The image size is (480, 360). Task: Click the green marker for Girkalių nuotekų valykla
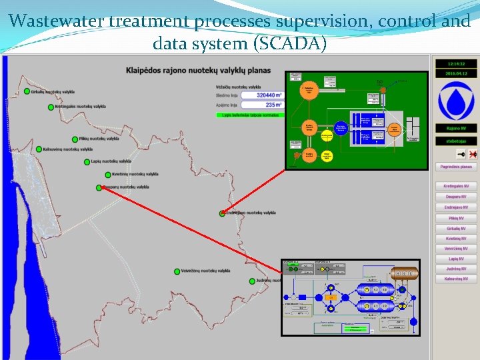tap(27, 91)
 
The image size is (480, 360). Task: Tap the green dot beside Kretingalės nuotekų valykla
tap(51, 107)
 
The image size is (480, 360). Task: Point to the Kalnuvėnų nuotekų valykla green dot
tap(39, 149)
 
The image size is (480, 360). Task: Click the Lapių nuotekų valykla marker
tap(87, 162)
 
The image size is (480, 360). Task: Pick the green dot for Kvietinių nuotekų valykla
tap(107, 175)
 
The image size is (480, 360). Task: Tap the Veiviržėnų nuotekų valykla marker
tap(177, 271)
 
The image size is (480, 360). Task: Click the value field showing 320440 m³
tap(261, 95)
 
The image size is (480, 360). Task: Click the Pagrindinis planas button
tap(456, 166)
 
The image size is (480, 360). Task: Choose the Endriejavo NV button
tap(456, 207)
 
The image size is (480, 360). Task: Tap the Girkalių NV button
tap(456, 228)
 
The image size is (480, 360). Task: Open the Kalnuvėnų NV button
tap(456, 279)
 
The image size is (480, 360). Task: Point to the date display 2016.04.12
tap(456, 73)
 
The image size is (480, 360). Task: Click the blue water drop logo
tap(456, 101)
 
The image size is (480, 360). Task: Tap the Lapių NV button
tap(456, 259)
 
